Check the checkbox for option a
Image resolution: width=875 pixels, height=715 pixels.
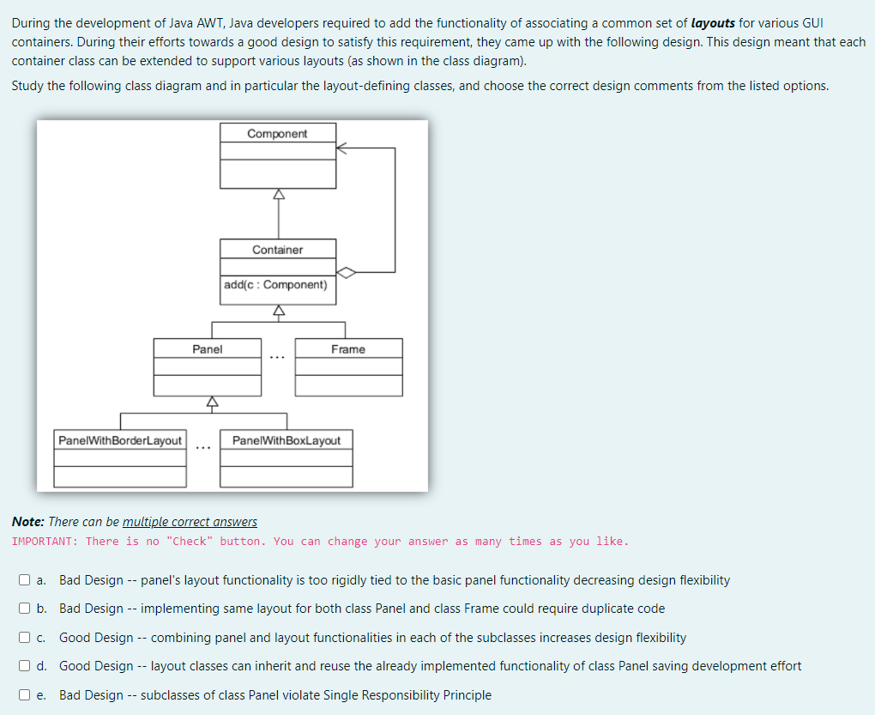[x=25, y=580]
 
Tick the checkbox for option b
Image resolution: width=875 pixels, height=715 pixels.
[x=25, y=609]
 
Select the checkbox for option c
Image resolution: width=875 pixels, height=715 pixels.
[x=25, y=638]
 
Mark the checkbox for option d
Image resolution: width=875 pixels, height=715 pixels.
[x=25, y=666]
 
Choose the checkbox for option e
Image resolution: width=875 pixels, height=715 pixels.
[x=25, y=695]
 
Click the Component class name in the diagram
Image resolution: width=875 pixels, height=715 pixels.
[x=277, y=133]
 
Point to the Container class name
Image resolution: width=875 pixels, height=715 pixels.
[x=277, y=250]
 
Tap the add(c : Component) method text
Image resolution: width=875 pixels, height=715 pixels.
[x=275, y=285]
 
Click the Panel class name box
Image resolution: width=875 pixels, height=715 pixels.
[x=207, y=349]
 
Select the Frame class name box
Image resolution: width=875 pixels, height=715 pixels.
[x=347, y=349]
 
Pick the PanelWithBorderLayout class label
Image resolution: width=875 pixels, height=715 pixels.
[x=120, y=440]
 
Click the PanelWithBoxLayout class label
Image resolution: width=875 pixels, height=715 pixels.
[x=286, y=440]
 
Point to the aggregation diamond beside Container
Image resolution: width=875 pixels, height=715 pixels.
[x=346, y=272]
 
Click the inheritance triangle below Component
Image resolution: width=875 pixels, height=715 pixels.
[x=277, y=195]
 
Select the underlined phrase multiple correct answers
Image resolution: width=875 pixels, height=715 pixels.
[x=190, y=522]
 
